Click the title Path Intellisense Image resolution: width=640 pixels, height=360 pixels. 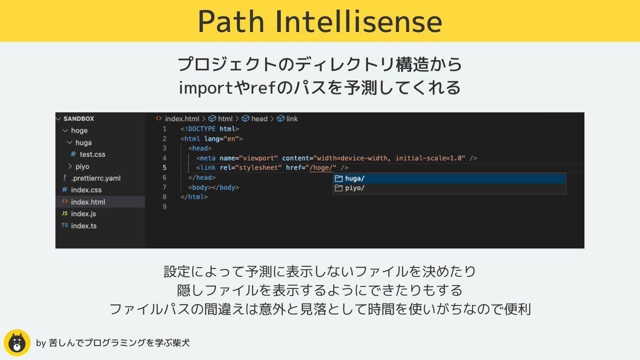pos(320,21)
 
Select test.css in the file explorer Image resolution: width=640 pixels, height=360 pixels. pos(92,154)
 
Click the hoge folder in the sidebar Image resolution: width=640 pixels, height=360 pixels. pos(79,130)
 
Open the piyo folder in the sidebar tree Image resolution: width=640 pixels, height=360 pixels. pos(82,166)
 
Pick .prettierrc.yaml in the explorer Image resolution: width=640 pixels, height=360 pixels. pos(95,178)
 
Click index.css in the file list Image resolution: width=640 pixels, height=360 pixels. pos(86,190)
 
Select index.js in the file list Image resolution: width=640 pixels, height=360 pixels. pos(83,213)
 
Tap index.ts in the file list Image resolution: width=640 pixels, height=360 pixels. pos(83,226)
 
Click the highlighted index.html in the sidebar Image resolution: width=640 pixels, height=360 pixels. pos(87,202)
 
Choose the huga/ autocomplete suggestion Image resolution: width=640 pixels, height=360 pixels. pos(355,179)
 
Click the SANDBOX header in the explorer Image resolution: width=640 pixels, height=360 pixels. pos(78,118)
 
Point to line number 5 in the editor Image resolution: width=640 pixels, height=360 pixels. pos(164,167)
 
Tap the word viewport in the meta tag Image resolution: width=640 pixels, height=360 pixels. pos(259,158)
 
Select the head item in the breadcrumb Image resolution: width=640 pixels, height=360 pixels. pos(259,118)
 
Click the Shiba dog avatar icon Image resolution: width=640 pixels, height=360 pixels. pos(17,342)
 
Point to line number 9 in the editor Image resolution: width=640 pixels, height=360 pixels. pos(164,206)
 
